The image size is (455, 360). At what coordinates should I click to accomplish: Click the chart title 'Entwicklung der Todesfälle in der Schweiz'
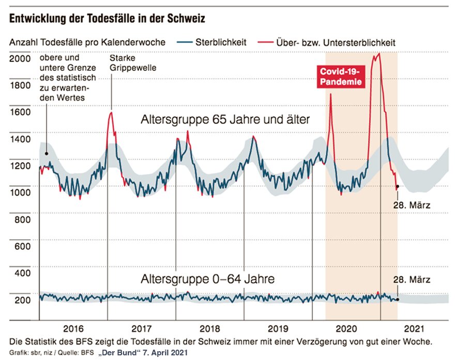click(x=107, y=19)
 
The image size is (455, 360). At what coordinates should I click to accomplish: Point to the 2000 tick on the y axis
click(x=20, y=58)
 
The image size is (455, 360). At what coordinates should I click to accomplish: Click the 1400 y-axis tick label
click(x=20, y=138)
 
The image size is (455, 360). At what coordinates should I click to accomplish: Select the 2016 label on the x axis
click(x=73, y=328)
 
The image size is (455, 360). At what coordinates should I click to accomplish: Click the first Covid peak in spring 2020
click(x=330, y=95)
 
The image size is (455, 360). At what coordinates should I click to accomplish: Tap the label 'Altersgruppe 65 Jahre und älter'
click(x=225, y=120)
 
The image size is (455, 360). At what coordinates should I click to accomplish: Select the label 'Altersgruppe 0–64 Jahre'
click(x=207, y=279)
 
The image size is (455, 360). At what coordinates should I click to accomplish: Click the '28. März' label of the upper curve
click(x=413, y=205)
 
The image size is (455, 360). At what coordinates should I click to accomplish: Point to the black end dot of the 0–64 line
click(x=397, y=300)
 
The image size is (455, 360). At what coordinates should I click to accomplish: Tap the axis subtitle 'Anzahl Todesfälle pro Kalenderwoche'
click(x=87, y=42)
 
